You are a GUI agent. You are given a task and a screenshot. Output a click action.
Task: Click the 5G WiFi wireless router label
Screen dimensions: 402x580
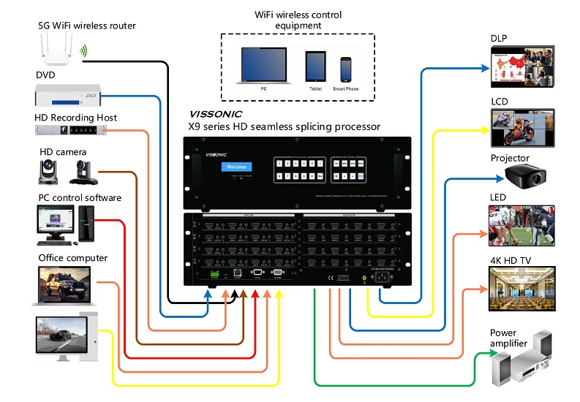click(87, 26)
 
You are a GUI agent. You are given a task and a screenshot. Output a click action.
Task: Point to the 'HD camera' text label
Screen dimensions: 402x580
click(63, 152)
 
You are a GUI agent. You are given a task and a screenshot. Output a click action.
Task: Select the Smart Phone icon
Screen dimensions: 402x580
click(346, 69)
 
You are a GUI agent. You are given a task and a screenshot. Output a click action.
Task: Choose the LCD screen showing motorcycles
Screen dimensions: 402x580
click(521, 128)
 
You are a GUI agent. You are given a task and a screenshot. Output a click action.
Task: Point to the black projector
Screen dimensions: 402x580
click(526, 176)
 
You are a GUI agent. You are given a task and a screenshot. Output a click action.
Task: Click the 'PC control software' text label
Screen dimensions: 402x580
click(80, 197)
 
